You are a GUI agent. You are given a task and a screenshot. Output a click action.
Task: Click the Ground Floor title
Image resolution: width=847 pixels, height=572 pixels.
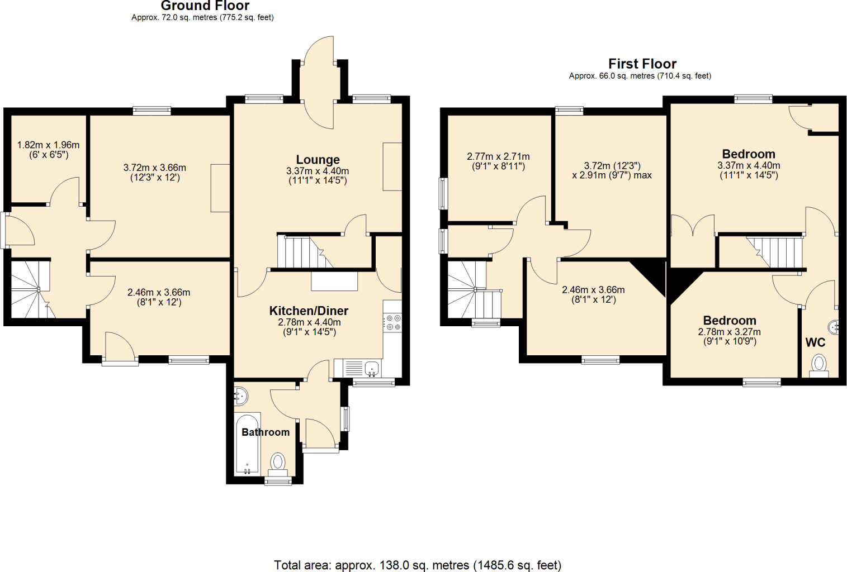pyautogui.click(x=205, y=6)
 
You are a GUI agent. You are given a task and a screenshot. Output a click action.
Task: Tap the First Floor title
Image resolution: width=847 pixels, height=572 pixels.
pyautogui.click(x=642, y=64)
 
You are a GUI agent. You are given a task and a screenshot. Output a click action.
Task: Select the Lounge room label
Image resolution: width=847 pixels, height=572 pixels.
pyautogui.click(x=318, y=160)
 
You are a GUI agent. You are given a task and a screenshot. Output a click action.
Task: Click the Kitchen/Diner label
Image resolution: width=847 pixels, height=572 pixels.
pyautogui.click(x=309, y=311)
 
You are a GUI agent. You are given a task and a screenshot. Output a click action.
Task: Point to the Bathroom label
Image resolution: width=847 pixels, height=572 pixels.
pyautogui.click(x=266, y=432)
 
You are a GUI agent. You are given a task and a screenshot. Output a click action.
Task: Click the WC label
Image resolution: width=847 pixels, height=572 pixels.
pyautogui.click(x=815, y=342)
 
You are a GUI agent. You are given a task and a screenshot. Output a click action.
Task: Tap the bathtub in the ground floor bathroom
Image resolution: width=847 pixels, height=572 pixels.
pyautogui.click(x=247, y=444)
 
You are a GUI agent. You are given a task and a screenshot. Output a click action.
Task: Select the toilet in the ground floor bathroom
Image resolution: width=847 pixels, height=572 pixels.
pyautogui.click(x=278, y=464)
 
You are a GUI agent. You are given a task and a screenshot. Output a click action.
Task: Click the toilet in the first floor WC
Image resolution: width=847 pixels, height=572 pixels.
pyautogui.click(x=819, y=365)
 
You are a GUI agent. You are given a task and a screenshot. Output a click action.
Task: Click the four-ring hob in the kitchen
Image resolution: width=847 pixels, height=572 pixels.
pyautogui.click(x=392, y=322)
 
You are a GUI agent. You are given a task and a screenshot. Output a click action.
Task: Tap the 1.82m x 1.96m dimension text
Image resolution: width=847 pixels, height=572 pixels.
pyautogui.click(x=48, y=150)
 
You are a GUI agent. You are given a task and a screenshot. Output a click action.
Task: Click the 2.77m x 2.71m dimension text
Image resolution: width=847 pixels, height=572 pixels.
pyautogui.click(x=498, y=161)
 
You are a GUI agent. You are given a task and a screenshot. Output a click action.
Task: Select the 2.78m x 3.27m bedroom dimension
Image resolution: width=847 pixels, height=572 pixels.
pyautogui.click(x=729, y=336)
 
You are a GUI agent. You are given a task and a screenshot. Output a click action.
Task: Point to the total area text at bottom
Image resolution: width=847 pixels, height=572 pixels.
pyautogui.click(x=418, y=565)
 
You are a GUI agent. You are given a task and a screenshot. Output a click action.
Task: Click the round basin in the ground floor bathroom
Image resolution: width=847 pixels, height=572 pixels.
pyautogui.click(x=240, y=396)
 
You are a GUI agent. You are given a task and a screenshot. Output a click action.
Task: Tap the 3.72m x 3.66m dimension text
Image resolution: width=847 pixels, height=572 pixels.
pyautogui.click(x=155, y=173)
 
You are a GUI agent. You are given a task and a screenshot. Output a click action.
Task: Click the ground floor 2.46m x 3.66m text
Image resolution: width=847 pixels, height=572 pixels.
pyautogui.click(x=159, y=297)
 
